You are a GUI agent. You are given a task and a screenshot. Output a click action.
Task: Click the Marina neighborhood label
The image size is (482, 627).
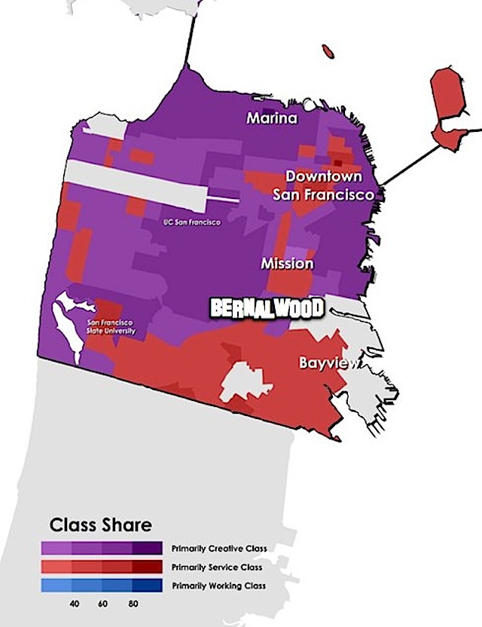pos(273,119)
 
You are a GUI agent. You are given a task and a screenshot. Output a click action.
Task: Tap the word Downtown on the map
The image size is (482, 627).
pos(322,176)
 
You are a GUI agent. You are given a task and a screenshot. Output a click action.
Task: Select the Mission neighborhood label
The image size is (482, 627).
pos(287,264)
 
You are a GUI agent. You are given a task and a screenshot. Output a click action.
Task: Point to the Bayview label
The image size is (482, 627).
pos(325,362)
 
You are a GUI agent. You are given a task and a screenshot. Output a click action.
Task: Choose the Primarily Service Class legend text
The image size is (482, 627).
pos(217,567)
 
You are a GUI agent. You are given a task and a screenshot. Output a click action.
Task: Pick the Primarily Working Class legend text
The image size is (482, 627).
pos(218,586)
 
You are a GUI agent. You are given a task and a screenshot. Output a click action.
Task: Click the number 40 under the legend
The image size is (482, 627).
pos(74,604)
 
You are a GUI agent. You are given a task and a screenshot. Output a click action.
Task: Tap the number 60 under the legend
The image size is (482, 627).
pos(103,604)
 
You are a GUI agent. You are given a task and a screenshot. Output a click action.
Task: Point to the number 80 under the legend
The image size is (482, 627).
pos(133,604)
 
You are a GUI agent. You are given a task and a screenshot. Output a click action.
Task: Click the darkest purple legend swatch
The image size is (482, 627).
pos(147,548)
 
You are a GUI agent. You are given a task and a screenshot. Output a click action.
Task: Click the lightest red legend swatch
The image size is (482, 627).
pos(57,567)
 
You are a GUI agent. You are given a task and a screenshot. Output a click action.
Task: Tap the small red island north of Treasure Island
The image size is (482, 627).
pos(328,51)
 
